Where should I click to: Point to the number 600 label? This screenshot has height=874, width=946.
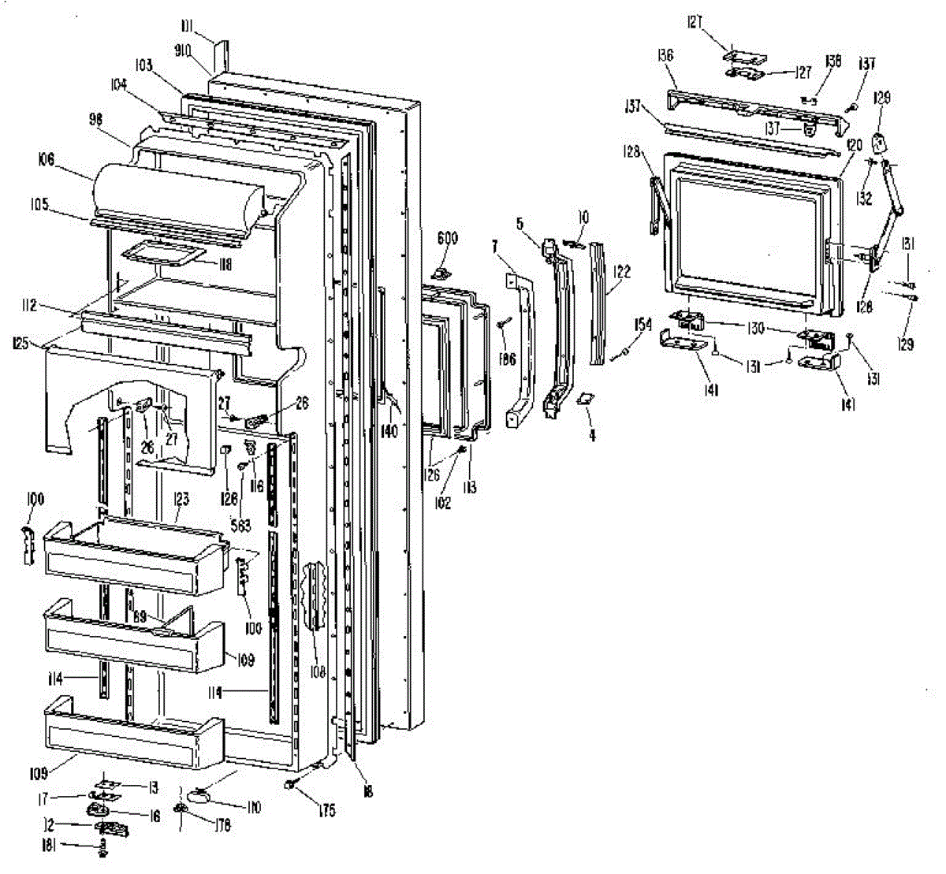point(448,238)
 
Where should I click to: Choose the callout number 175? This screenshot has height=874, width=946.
point(327,810)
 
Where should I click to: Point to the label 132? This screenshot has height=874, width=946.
point(865,198)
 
